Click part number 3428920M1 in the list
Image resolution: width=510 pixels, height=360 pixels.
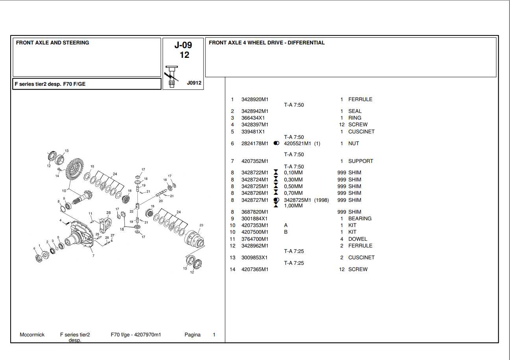pos(254,100)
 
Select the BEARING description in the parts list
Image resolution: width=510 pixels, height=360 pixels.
pos(360,219)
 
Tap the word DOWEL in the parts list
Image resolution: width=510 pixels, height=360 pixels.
pos(357,239)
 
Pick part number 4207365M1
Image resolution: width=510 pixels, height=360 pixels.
pos(254,270)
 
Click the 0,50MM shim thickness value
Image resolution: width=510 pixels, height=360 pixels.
pos(293,186)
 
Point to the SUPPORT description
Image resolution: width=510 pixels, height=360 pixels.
pos(360,161)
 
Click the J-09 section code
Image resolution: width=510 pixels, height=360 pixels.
pos(183,45)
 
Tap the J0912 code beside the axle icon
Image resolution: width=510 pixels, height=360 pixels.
pos(194,83)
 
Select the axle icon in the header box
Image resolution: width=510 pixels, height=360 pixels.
pos(172,77)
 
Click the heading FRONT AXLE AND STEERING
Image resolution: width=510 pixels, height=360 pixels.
pos(52,43)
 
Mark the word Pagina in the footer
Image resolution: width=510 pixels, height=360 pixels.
pos(192,335)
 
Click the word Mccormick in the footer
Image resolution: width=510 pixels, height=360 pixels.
pos(32,335)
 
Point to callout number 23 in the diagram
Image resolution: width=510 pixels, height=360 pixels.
pos(201,225)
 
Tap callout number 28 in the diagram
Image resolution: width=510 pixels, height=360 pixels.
pos(108,213)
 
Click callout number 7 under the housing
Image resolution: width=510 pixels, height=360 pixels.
pos(93,256)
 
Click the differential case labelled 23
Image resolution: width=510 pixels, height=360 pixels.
pos(195,238)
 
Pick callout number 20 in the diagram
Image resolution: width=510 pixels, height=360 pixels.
pos(161,201)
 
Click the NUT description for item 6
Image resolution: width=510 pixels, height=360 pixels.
pos(353,144)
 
